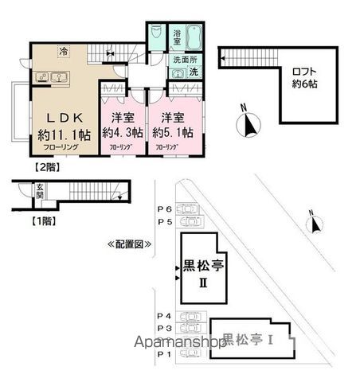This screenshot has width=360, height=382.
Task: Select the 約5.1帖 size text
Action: (171, 131)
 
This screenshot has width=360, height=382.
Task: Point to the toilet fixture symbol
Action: (156, 36)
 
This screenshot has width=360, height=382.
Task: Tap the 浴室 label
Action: (177, 36)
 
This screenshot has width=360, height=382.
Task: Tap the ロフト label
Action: (303, 68)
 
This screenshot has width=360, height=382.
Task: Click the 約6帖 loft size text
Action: (303, 83)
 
